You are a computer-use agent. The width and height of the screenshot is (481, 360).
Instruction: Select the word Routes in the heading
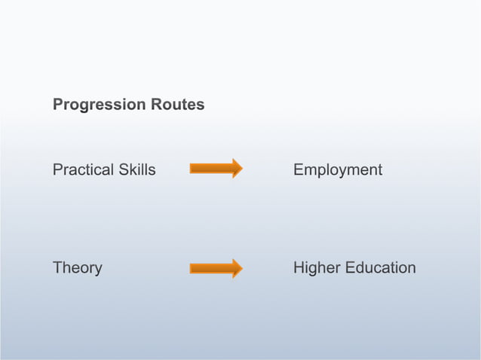(x=180, y=105)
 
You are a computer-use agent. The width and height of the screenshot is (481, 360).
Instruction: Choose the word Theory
(x=77, y=268)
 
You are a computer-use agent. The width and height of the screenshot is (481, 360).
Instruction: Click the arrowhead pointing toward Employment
(x=237, y=169)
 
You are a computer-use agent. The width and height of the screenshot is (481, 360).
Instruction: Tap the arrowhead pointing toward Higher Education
(x=237, y=268)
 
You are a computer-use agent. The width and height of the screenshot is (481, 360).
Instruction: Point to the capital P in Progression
(x=57, y=105)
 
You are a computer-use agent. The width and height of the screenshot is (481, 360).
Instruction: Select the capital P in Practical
(x=57, y=170)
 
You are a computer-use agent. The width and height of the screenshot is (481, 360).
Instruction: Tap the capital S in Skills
(x=123, y=170)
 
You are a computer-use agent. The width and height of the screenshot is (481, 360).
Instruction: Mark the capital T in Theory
(x=57, y=268)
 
